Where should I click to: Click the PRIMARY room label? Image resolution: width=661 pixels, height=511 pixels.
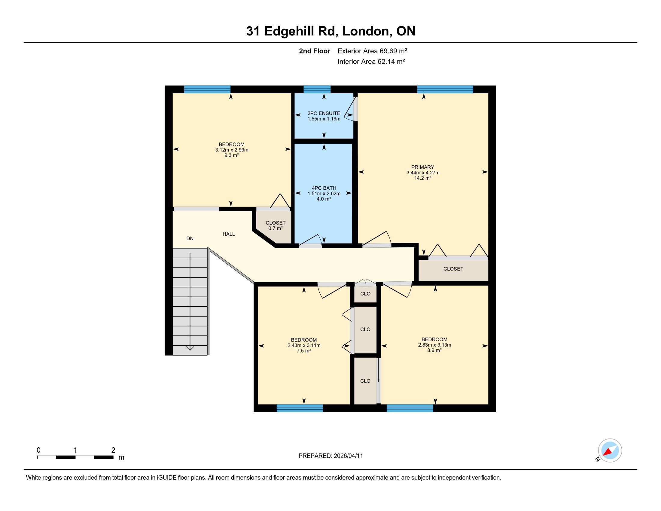[x=422, y=167]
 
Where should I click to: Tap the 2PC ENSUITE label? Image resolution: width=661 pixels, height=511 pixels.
[x=324, y=113]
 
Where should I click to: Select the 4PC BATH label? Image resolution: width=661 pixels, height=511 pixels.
[x=324, y=188]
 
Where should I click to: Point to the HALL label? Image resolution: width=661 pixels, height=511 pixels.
[x=229, y=234]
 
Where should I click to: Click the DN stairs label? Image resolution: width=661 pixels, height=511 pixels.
[x=190, y=239]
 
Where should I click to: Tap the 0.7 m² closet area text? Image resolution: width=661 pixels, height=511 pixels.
[x=276, y=228]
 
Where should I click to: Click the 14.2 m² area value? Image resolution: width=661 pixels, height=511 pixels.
[x=423, y=178]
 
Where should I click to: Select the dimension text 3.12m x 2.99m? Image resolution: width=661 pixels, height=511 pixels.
[x=232, y=150]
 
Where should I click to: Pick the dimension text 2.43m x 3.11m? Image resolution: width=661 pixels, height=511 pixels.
[x=304, y=345]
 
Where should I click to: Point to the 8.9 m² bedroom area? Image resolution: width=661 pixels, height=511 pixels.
[x=434, y=350]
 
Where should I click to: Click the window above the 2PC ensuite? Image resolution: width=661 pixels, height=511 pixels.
[x=317, y=89]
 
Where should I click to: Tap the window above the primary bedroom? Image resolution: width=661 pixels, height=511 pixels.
[x=445, y=89]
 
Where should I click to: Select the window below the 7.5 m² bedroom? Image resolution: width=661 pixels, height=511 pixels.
[x=300, y=408]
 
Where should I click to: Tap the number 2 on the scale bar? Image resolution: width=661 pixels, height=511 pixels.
[x=113, y=450]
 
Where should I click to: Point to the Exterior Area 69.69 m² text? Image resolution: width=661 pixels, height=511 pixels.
[x=372, y=51]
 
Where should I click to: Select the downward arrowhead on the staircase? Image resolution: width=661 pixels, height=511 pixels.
[x=190, y=348]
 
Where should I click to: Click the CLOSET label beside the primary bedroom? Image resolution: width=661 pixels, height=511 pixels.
[x=453, y=269]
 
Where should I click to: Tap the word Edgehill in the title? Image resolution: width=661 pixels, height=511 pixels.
[x=289, y=31]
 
